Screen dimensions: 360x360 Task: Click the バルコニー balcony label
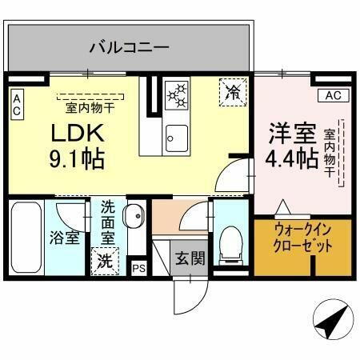(x=129, y=47)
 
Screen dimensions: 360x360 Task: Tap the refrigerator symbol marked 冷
(x=234, y=92)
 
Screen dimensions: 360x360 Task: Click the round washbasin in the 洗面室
(x=135, y=216)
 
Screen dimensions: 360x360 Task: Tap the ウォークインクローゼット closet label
(x=302, y=238)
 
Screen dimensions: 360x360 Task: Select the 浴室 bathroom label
(x=62, y=239)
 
